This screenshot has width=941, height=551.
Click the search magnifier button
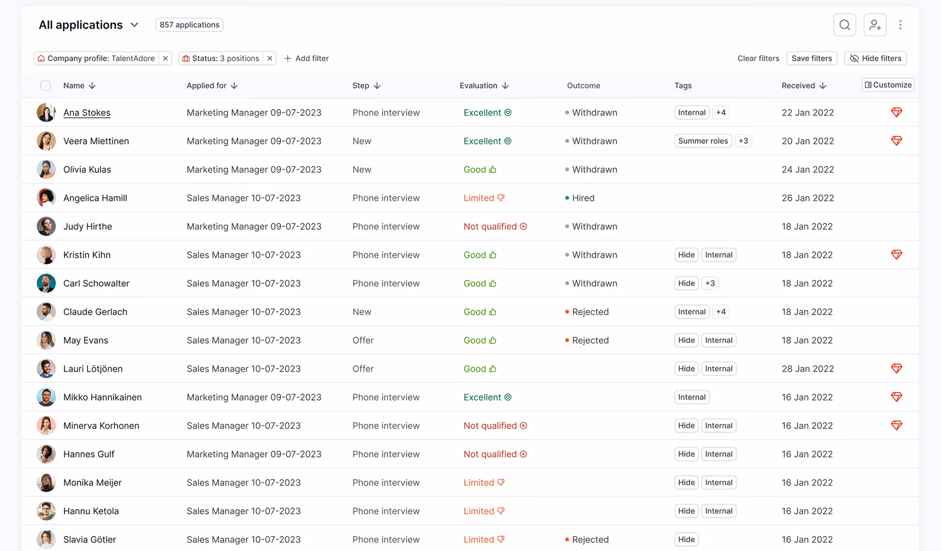click(844, 25)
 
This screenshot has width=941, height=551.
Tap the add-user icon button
click(875, 25)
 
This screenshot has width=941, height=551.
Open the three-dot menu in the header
click(900, 25)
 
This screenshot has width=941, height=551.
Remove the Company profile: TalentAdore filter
click(166, 58)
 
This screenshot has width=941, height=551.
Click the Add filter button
click(306, 58)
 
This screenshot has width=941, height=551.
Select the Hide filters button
click(875, 58)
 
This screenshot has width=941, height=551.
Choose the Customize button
click(888, 85)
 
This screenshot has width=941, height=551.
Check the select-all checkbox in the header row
click(46, 86)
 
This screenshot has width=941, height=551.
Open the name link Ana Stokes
click(87, 113)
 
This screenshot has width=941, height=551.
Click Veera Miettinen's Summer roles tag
click(703, 141)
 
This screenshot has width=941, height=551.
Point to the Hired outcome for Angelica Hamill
click(583, 198)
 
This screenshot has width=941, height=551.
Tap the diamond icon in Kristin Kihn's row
click(896, 255)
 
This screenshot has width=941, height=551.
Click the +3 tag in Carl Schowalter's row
click(710, 283)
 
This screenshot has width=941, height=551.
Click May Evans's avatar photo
click(46, 340)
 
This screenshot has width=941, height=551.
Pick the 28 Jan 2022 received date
click(808, 369)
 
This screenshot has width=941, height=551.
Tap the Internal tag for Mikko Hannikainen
click(692, 397)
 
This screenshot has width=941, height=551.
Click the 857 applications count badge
click(189, 25)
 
